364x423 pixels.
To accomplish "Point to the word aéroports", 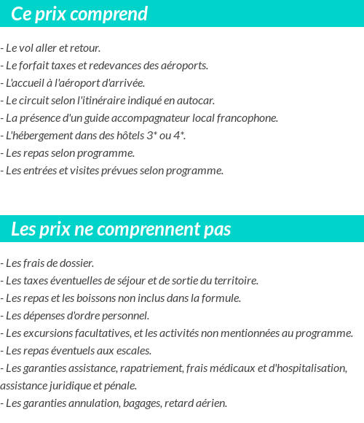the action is (x=184, y=65).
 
